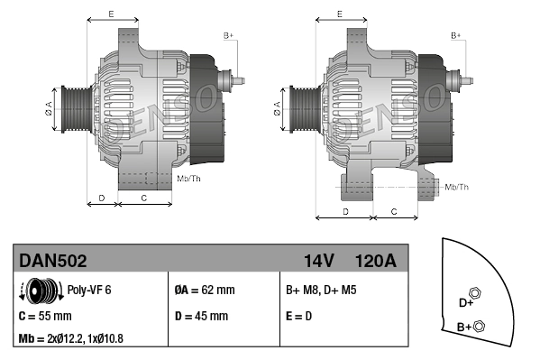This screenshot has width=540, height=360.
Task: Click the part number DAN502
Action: (x=53, y=261)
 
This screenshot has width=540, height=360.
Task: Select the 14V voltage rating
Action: (x=318, y=261)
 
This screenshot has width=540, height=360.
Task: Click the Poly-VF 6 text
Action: (x=89, y=290)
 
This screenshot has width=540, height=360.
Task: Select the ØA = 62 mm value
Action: (x=204, y=290)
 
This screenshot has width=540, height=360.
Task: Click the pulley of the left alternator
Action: (x=74, y=112)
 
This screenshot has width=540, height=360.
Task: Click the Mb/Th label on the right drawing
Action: (x=457, y=186)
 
